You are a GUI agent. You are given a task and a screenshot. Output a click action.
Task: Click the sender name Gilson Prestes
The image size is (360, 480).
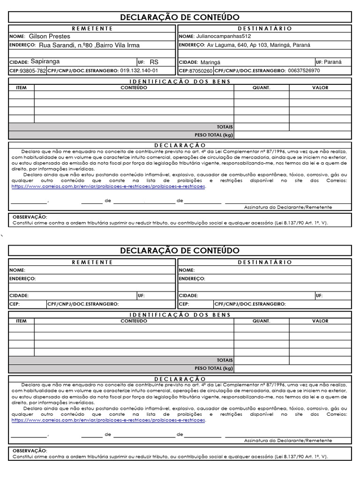click(x=49, y=36)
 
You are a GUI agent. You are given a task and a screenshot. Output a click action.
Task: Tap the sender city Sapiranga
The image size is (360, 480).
click(x=45, y=61)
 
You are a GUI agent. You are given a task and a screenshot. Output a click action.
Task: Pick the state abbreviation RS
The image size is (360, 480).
click(x=154, y=62)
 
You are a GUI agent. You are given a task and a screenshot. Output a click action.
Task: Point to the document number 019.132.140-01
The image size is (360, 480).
click(x=139, y=71)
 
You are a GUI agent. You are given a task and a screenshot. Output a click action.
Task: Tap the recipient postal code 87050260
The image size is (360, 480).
click(x=202, y=71)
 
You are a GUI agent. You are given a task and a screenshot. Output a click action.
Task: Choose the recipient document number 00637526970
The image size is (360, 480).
click(x=304, y=71)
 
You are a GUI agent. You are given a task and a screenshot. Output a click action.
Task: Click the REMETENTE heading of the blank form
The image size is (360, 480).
click(x=92, y=262)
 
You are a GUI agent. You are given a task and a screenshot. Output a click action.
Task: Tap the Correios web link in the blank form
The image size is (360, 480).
click(x=108, y=420)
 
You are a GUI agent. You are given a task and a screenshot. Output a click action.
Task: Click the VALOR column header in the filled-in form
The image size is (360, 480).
click(x=320, y=88)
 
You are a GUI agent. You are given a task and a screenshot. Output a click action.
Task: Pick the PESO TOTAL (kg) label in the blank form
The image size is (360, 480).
click(x=214, y=368)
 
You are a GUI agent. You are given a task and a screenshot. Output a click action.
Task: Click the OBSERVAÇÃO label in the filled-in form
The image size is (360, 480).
click(x=30, y=217)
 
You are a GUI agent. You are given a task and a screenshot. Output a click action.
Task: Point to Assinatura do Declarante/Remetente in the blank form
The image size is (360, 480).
click(x=288, y=441)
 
